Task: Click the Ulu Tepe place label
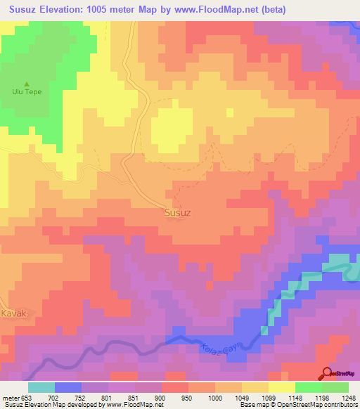click(x=27, y=92)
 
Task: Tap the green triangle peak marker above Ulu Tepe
click(x=27, y=83)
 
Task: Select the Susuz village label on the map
click(x=177, y=212)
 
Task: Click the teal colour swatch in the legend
click(x=41, y=387)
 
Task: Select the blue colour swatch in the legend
click(x=67, y=387)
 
